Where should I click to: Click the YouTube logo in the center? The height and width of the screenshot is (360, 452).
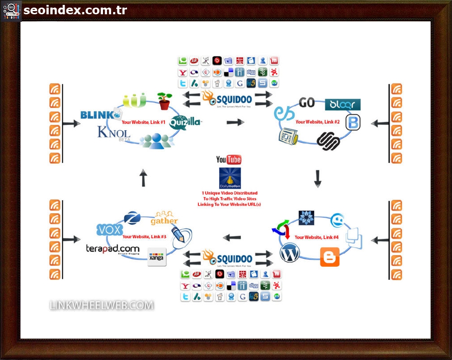click(x=228, y=160)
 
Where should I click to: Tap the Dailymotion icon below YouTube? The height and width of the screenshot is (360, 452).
click(x=230, y=178)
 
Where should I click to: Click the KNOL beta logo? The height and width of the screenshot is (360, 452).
click(x=114, y=132)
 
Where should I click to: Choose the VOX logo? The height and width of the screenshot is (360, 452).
click(x=109, y=230)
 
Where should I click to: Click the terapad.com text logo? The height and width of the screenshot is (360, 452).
click(x=112, y=249)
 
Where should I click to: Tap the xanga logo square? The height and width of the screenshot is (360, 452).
click(x=156, y=257)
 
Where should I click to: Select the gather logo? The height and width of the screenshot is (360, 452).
click(x=164, y=218)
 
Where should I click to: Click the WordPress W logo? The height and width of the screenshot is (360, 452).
click(x=290, y=253)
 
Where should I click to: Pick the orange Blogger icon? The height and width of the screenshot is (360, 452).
click(x=329, y=257)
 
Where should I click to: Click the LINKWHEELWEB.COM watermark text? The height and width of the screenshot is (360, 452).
click(x=102, y=306)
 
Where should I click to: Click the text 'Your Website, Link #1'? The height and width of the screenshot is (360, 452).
click(x=144, y=122)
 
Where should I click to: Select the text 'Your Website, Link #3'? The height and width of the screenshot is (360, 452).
click(x=144, y=237)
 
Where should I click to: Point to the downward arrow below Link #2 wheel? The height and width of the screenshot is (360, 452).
click(x=317, y=178)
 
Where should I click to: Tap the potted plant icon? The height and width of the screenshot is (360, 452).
click(x=164, y=101)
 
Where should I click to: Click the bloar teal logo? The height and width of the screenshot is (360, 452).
click(x=342, y=105)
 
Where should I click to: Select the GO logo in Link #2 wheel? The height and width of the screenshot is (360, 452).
click(x=307, y=103)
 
